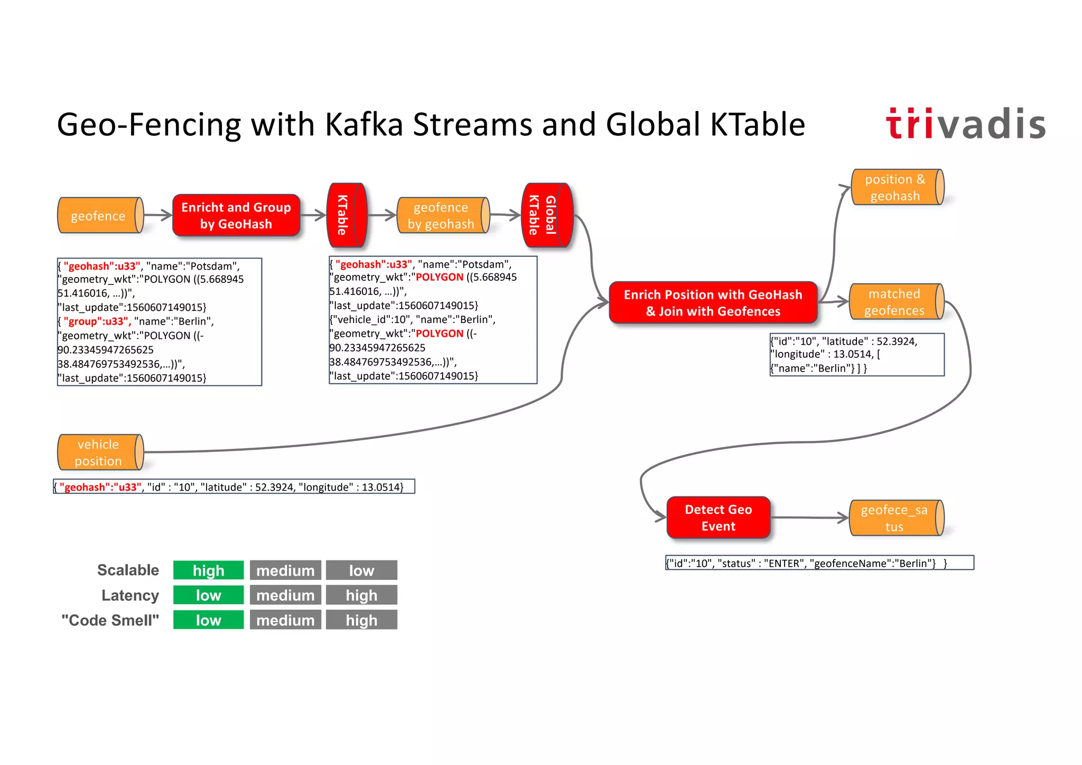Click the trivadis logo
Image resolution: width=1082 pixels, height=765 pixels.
pyautogui.click(x=965, y=124)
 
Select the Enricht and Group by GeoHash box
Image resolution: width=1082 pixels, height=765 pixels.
pyautogui.click(x=236, y=216)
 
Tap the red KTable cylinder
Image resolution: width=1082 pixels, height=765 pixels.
pyautogui.click(x=346, y=215)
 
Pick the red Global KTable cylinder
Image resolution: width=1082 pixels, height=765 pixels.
pyautogui.click(x=546, y=215)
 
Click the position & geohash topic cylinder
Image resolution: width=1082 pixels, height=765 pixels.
pyautogui.click(x=896, y=188)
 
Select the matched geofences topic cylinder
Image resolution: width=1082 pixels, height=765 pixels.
pyautogui.click(x=895, y=302)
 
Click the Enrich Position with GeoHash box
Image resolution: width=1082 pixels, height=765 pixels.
pyautogui.click(x=713, y=303)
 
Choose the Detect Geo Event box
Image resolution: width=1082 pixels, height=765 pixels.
pyautogui.click(x=718, y=518)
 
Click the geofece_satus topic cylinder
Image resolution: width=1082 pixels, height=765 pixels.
pyautogui.click(x=895, y=518)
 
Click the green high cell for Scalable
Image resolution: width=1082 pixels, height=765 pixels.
pyautogui.click(x=209, y=570)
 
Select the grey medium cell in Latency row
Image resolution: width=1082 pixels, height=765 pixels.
pyautogui.click(x=285, y=595)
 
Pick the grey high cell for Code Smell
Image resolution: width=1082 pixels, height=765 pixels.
pyautogui.click(x=361, y=620)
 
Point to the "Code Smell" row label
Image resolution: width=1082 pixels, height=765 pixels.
pyautogui.click(x=110, y=620)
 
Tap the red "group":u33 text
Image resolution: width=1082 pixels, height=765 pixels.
pyautogui.click(x=97, y=321)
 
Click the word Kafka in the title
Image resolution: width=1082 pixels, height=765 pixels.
pyautogui.click(x=365, y=125)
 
